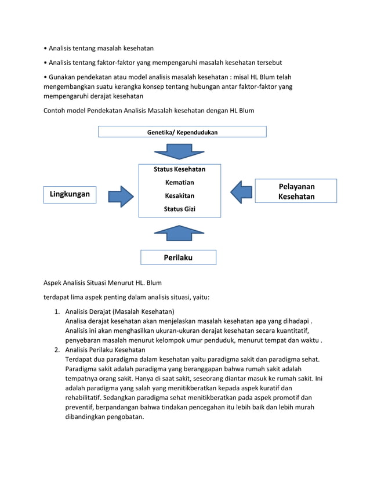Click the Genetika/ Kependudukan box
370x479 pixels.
tap(182, 132)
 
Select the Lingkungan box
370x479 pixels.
tap(69, 194)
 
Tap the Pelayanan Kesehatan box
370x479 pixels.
tap(296, 191)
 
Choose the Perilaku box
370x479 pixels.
tap(178, 257)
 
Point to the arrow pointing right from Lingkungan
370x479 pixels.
tap(121, 195)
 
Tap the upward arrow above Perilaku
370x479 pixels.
tap(178, 233)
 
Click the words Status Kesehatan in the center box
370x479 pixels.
tap(179, 169)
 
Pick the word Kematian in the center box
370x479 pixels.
tap(179, 183)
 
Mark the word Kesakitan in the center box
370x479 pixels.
tap(179, 196)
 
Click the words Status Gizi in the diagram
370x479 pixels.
tap(179, 209)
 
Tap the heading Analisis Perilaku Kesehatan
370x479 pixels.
tap(105, 350)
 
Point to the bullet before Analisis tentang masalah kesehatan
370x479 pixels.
tap(46, 48)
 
